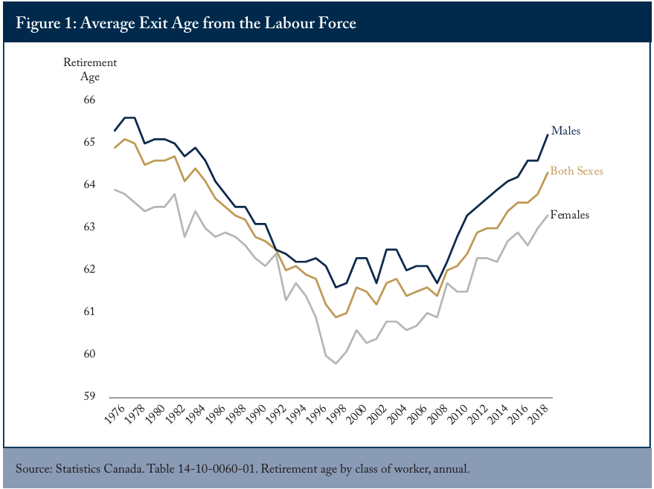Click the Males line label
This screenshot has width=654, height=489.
(x=565, y=131)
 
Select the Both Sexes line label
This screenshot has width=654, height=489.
(x=577, y=171)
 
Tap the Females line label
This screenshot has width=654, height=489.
(x=570, y=215)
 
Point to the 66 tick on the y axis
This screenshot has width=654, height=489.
(x=89, y=100)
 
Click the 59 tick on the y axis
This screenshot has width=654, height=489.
(x=89, y=396)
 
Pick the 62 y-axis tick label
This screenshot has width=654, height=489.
(x=89, y=269)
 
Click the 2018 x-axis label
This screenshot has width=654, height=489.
(x=538, y=414)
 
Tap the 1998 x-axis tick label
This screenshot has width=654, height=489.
(x=336, y=414)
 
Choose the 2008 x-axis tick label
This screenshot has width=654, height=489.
(x=437, y=414)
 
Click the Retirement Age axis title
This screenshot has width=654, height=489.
(x=90, y=70)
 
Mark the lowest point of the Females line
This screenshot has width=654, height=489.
(x=336, y=363)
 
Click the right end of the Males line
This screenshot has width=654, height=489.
(x=548, y=135)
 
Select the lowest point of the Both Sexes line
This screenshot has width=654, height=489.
(x=336, y=317)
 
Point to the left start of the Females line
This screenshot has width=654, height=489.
(x=115, y=190)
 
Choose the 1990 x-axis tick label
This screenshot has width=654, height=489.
(x=255, y=414)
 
